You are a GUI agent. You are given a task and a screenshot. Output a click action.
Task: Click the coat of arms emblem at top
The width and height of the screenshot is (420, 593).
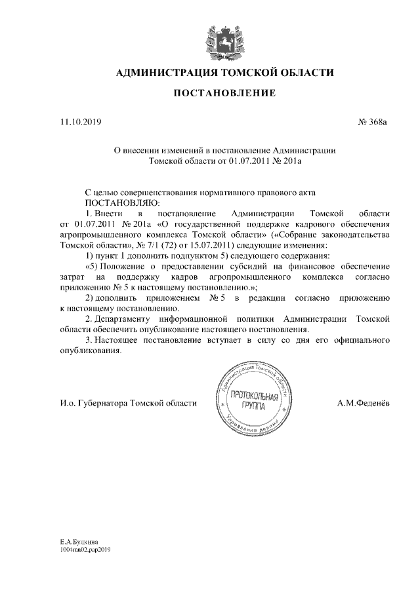coord(224,40)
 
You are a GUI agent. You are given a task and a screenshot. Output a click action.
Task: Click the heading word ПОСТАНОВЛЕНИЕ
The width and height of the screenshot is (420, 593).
coord(224,94)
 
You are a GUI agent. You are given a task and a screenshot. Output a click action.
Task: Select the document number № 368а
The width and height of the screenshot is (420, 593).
coord(373,122)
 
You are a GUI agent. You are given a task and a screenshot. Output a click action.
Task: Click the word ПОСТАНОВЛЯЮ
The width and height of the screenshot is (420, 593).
coord(109,204)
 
